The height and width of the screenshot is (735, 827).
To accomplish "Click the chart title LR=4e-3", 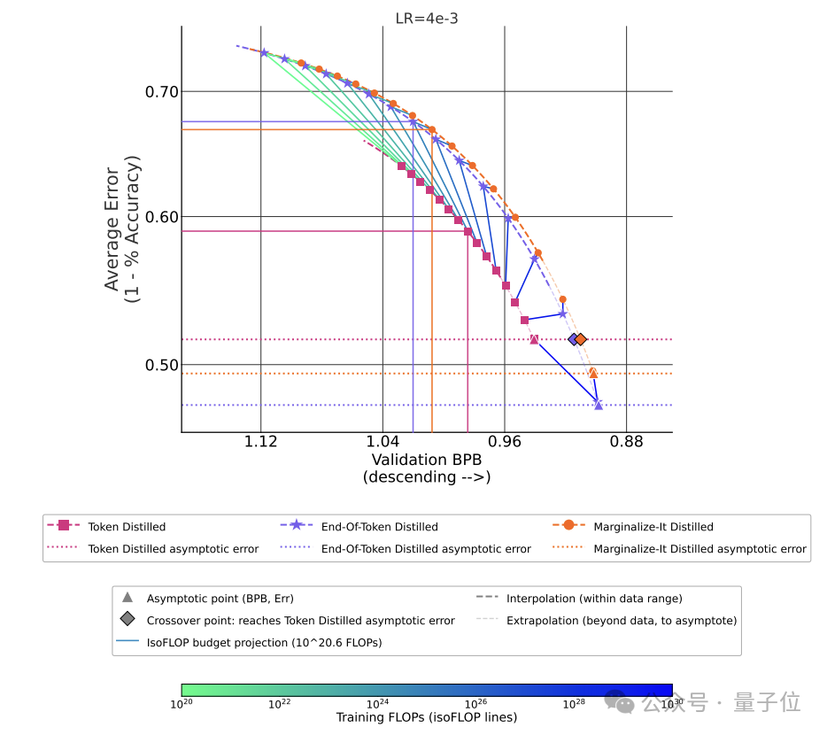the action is [427, 19].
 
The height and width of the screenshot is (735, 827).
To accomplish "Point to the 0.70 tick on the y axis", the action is [162, 92].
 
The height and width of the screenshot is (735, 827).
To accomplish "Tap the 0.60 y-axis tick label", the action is [162, 217].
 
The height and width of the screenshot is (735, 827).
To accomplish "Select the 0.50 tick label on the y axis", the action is [162, 365].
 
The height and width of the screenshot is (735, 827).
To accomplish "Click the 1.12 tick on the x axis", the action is [260, 442].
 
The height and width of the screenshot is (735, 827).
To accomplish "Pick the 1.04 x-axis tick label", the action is [383, 442].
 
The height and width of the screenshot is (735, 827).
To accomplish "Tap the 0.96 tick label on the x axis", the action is [505, 442].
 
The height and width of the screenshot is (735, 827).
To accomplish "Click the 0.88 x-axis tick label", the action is [627, 442].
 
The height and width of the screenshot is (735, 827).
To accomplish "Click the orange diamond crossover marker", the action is [581, 339].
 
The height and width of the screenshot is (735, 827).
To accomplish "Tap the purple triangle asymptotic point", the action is [598, 405].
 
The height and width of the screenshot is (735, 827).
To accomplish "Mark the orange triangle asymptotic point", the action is [593, 374].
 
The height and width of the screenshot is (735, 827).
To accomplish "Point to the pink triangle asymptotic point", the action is [534, 339].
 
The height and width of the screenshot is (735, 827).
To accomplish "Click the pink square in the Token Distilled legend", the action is [63, 525].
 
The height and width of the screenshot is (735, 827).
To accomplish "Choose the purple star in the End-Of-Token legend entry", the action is [297, 525].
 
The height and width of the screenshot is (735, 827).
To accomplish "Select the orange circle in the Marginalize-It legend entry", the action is [568, 525].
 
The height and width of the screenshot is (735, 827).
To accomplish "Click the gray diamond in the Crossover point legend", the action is [128, 619].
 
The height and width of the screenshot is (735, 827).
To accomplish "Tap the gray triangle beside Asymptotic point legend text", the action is [128, 597].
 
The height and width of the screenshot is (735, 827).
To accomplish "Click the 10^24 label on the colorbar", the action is [377, 704].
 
